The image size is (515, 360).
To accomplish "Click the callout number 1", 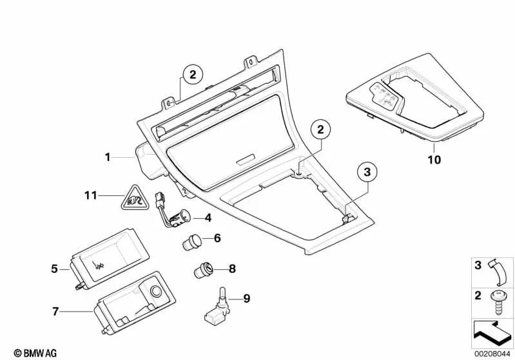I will coord(109,156).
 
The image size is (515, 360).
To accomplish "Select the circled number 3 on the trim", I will coord(367,172).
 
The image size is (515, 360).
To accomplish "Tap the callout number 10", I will coord(434,160).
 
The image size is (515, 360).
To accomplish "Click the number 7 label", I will coord(55,312).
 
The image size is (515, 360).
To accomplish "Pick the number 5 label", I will coord(55,268).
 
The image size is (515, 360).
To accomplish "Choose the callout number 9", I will coord(246,298).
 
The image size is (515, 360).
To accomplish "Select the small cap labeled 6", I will coord(191,244).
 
